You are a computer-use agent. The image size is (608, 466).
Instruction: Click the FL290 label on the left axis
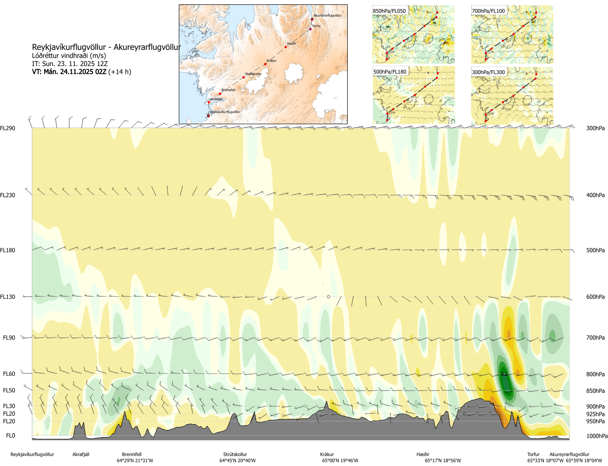point(8,128)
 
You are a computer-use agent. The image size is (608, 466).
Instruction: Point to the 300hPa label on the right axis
point(595,128)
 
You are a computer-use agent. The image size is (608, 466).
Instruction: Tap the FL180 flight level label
point(8,250)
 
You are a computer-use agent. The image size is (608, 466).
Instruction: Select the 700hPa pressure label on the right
point(595,338)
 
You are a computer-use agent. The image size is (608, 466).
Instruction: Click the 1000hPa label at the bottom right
point(597,436)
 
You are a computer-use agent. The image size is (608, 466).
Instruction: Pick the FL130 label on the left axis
point(8,297)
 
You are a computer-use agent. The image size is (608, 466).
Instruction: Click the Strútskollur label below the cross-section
point(235,455)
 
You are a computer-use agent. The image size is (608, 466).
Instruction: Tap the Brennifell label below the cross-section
point(132,455)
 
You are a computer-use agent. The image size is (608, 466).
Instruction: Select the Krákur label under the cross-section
point(327,455)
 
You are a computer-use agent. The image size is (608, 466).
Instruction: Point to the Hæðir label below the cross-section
point(423,455)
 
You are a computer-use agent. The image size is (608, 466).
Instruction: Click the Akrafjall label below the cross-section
point(81,455)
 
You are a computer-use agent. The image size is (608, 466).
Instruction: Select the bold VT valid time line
point(81,72)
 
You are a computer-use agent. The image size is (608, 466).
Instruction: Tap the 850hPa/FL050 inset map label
point(389,11)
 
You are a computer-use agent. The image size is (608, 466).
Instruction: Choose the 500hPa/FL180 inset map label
point(390,72)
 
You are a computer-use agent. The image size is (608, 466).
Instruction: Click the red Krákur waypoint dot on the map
point(265,64)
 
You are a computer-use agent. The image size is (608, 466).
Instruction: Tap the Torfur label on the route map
point(316,26)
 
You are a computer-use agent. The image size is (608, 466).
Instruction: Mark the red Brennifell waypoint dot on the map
point(220,94)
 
